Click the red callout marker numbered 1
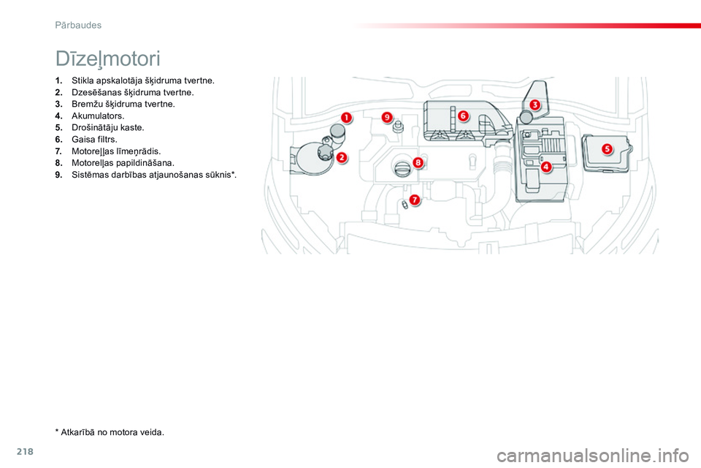[345, 117]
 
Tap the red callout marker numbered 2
[341, 156]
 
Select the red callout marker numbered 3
[535, 105]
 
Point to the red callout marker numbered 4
[546, 167]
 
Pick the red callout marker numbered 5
[607, 149]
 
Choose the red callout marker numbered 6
[463, 116]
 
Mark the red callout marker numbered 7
[414, 200]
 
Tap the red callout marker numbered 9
[386, 117]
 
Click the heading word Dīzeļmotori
[107, 58]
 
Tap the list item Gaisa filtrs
[93, 139]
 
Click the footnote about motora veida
[110, 432]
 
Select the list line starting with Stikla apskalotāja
[142, 80]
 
